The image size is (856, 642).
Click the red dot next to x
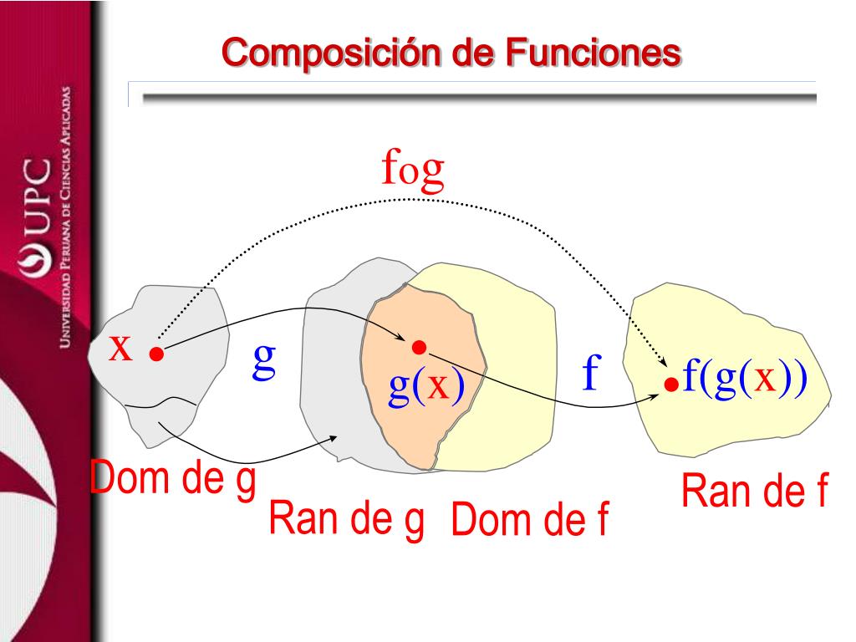pos(155,354)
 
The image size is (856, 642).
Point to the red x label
pos(122,347)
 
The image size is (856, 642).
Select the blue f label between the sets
pos(591,374)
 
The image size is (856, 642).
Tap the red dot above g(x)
pos(419,347)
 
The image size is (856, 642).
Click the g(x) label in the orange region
pos(427,387)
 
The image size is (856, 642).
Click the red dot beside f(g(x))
pos(670,385)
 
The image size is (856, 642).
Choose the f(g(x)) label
pos(744,378)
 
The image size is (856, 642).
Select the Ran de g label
pos(346,520)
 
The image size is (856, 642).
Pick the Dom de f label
pos(528,522)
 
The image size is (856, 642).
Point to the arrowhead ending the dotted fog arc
pos(664,363)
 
